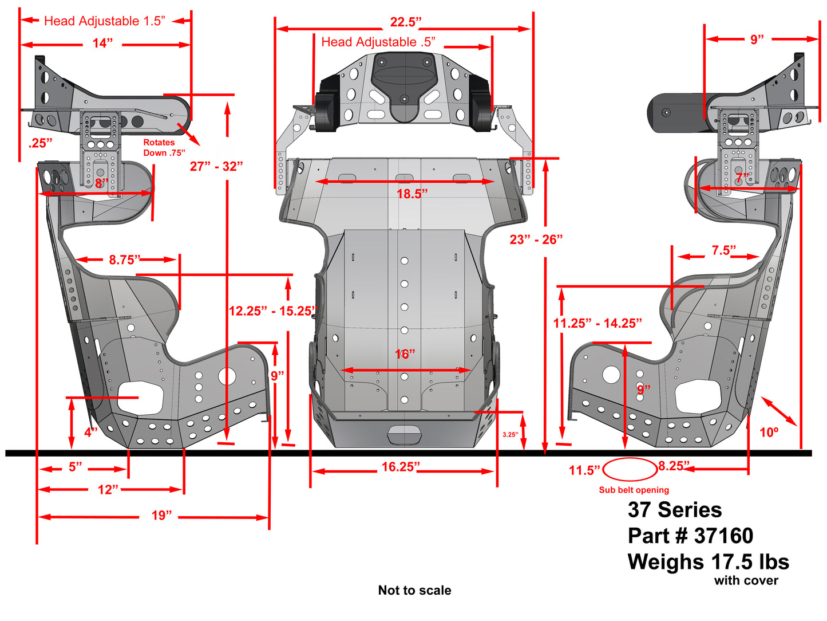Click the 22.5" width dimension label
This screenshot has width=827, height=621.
coord(405,22)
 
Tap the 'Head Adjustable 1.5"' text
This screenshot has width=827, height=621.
coord(104,21)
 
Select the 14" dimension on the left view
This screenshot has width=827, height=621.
coord(102,44)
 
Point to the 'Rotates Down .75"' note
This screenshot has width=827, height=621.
coord(164,148)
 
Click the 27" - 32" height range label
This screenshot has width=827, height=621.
coord(216,167)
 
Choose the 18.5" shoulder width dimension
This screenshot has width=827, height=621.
coord(412,194)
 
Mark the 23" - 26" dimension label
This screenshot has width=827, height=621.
coord(536,240)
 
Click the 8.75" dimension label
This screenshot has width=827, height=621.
coord(125,260)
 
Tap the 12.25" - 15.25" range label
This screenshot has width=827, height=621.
coord(272,311)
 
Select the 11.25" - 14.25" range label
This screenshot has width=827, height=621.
coord(597,324)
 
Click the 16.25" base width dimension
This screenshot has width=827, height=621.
coord(401,467)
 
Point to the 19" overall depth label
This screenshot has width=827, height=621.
coord(161,516)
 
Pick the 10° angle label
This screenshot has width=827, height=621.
coord(769,433)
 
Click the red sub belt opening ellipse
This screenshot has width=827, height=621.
coord(630,470)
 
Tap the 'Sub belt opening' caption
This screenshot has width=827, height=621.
coord(634,490)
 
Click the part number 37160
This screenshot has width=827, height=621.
coord(690,536)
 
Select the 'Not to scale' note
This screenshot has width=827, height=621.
coord(414,591)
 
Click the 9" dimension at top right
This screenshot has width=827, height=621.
coord(757,40)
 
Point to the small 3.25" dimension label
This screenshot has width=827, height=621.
coord(510,435)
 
